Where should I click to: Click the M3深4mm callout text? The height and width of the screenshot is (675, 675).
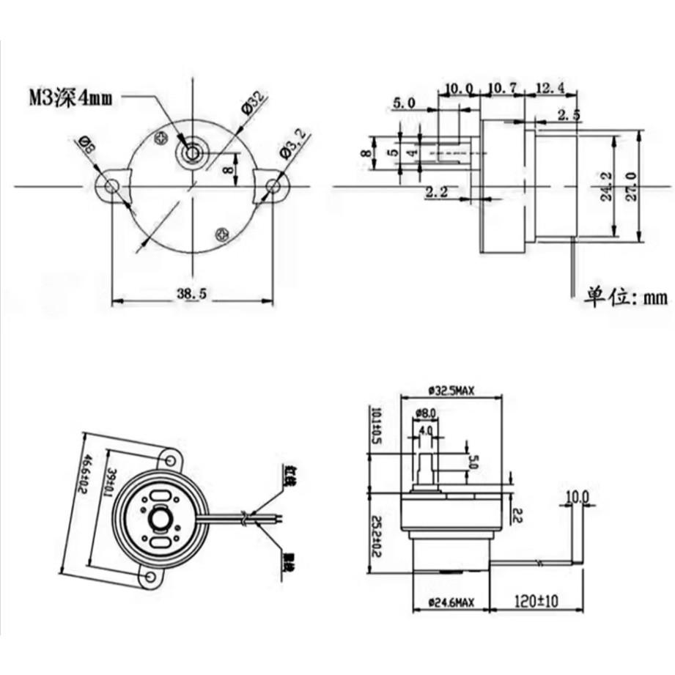coord(71,97)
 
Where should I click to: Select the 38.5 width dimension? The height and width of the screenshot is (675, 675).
coord(193,293)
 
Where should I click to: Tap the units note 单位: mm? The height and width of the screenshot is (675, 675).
coord(626,297)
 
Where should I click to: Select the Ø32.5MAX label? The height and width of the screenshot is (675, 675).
coord(450,391)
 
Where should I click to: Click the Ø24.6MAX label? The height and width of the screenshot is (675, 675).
coord(450,602)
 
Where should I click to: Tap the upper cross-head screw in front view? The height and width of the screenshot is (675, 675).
coord(162,136)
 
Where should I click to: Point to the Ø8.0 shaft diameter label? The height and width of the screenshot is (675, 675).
coord(426,413)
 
